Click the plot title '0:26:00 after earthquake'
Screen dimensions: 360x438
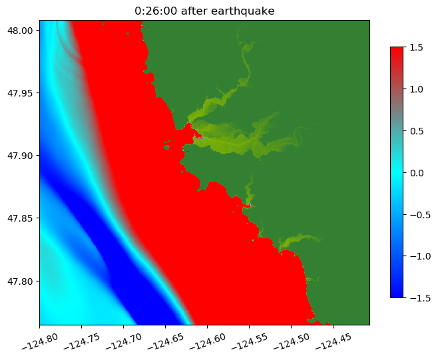204,11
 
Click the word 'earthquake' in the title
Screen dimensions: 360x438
246,11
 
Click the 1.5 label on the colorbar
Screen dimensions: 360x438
416,47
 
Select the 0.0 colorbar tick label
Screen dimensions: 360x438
416,172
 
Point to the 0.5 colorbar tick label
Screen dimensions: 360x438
416,130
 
